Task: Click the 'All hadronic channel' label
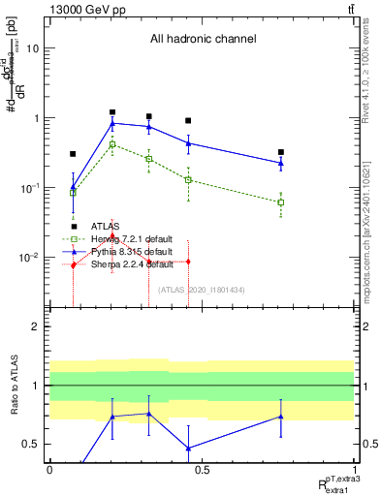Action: (203, 39)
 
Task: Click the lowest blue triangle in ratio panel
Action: (187, 449)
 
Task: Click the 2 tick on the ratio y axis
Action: (36, 327)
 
